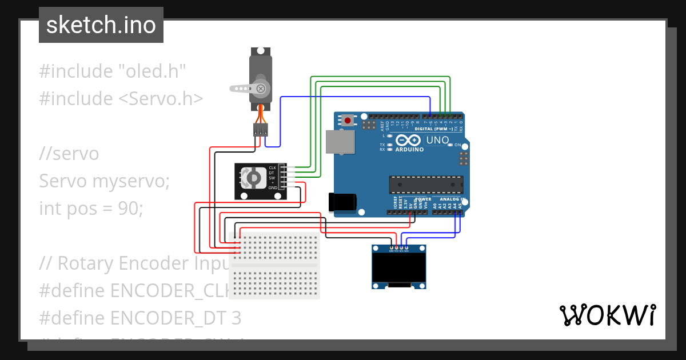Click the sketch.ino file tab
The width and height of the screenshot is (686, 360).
pyautogui.click(x=101, y=25)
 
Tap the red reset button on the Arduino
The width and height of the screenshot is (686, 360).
pyautogui.click(x=347, y=121)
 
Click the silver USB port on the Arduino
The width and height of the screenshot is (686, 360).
pyautogui.click(x=339, y=142)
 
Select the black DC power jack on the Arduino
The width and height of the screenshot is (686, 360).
pyautogui.click(x=342, y=202)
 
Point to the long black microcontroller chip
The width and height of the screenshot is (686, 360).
pyautogui.click(x=426, y=185)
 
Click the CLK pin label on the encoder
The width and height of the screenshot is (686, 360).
pyautogui.click(x=273, y=167)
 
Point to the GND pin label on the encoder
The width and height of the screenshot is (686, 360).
pyautogui.click(x=273, y=187)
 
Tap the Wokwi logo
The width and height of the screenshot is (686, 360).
pyautogui.click(x=607, y=315)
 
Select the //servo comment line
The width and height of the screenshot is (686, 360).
pyautogui.click(x=69, y=154)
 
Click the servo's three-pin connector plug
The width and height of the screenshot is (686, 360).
pyautogui.click(x=261, y=130)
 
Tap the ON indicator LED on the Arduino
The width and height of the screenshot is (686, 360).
pyautogui.click(x=450, y=145)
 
